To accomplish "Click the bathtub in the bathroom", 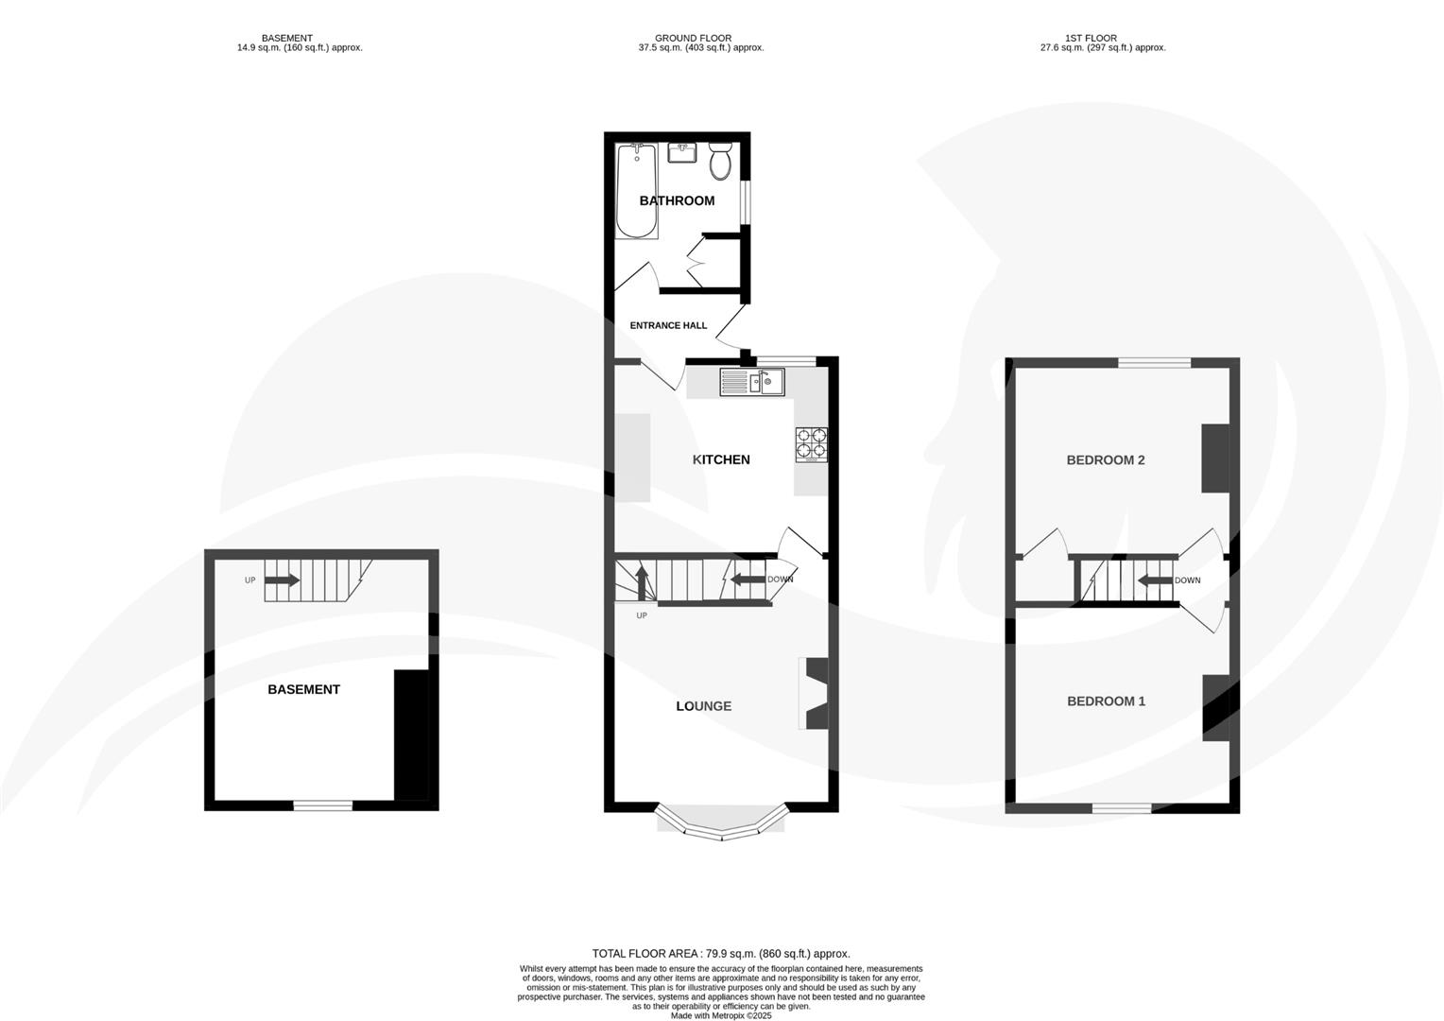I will click(637, 191).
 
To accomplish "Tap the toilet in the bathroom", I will click(720, 162).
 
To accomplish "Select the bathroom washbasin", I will click(681, 152).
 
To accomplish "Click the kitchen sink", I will click(751, 382).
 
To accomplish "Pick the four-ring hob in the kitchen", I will click(811, 444).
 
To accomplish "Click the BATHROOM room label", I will click(677, 200).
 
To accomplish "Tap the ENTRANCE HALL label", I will click(668, 325).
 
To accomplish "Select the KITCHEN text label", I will click(721, 459).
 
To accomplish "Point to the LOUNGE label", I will click(703, 706).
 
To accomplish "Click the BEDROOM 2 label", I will click(1106, 460).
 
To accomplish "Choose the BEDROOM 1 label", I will click(1106, 701).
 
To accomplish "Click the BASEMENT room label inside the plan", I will click(303, 689).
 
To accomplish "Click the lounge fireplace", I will click(814, 693).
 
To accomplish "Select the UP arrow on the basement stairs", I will click(282, 580).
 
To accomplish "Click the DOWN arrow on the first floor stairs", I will click(1155, 580).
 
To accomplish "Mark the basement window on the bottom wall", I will click(322, 805).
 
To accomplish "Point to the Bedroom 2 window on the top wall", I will click(1154, 362).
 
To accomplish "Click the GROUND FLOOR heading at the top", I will click(694, 39).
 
